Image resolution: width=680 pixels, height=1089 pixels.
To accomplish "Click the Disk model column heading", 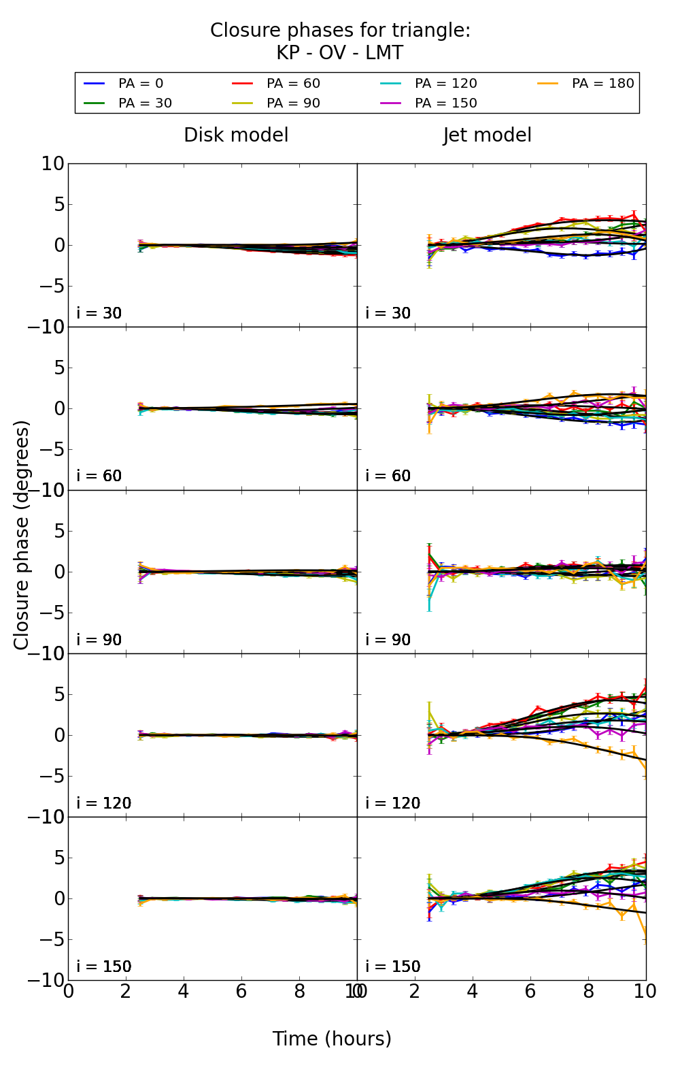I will (236, 135).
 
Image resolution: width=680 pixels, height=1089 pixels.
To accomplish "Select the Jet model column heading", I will (487, 135).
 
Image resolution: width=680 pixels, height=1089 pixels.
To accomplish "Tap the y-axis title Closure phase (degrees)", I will (22, 535).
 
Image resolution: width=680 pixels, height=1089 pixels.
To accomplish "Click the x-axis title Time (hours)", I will (332, 1039).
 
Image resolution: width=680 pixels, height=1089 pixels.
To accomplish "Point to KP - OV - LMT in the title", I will (339, 53).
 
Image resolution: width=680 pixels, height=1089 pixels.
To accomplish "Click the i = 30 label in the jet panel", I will (388, 313).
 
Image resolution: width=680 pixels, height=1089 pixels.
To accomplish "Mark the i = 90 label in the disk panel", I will (99, 640).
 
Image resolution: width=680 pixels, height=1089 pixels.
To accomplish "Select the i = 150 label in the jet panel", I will (392, 966).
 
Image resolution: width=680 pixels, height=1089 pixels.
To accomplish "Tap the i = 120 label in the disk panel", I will (103, 803).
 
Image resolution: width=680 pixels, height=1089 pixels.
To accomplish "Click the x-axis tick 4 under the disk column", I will (184, 991).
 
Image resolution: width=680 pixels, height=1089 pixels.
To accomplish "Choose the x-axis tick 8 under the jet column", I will (588, 991).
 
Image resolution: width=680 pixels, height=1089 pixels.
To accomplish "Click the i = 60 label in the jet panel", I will (388, 476).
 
